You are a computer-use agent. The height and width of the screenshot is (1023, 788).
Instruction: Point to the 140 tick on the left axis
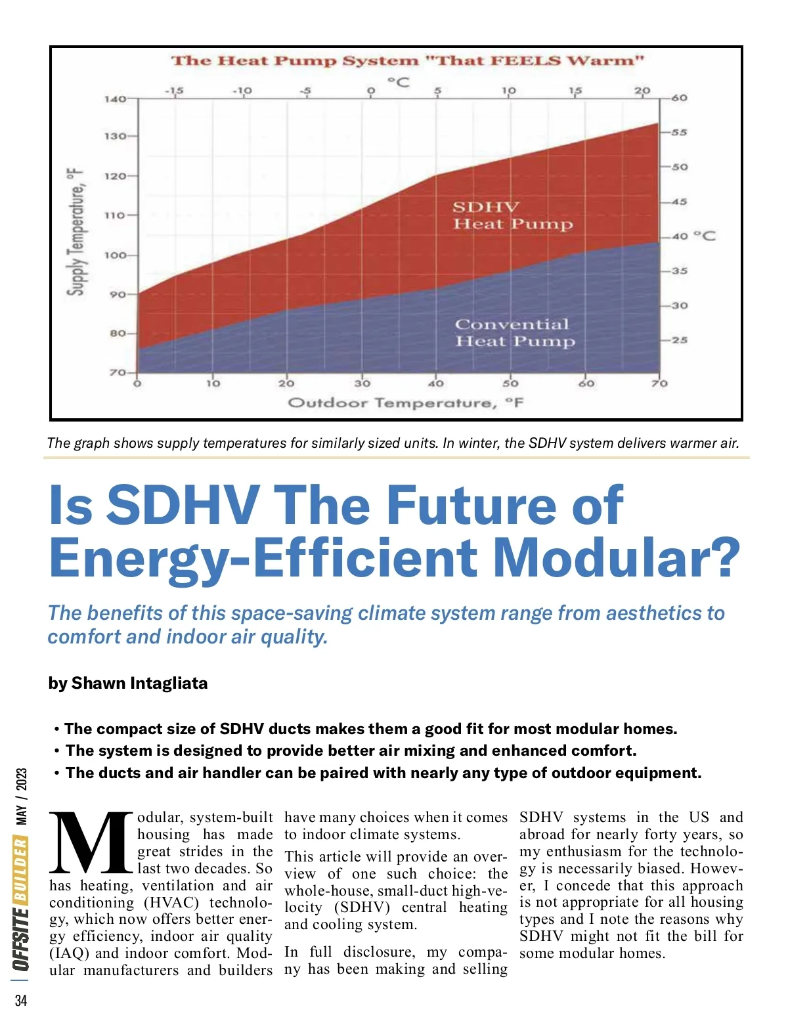(116, 99)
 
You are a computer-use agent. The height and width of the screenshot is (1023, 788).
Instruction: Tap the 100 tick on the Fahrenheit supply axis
(116, 255)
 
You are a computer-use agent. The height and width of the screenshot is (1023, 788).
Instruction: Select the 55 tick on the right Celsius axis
(679, 133)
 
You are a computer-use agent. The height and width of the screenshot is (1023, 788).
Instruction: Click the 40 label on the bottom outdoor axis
(436, 383)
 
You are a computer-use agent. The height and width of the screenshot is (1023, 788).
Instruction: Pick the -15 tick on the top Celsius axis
(175, 91)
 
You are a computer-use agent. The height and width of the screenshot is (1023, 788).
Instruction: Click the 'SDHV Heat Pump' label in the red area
(512, 216)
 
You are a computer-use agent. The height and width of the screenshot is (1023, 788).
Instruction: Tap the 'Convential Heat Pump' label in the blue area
(515, 333)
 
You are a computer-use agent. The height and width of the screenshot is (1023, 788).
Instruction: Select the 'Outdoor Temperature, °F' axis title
(405, 403)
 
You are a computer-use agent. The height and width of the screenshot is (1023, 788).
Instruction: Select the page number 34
(21, 1001)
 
